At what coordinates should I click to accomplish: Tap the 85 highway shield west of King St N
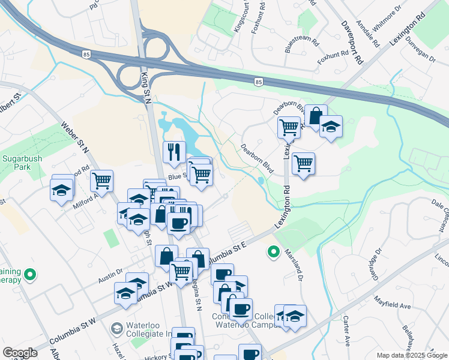coord(88,54)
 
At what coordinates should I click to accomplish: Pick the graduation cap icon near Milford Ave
coord(61,190)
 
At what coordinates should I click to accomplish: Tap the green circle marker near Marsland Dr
coord(274,251)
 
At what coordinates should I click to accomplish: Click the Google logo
coord(20,353)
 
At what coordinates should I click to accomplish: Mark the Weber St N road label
coord(74,137)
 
